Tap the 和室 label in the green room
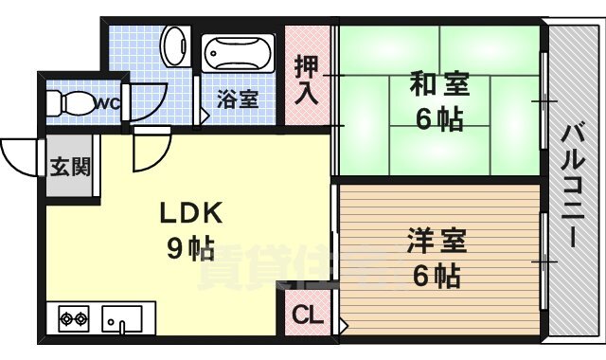point(439,85)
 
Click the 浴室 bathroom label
point(238,99)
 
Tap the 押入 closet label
point(307,81)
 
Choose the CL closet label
point(304,315)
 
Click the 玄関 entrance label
point(70,167)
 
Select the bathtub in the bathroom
point(238,54)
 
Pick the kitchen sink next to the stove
point(121,319)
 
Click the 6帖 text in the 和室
point(438,120)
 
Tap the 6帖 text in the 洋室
point(436,276)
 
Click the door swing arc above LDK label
point(151,152)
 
